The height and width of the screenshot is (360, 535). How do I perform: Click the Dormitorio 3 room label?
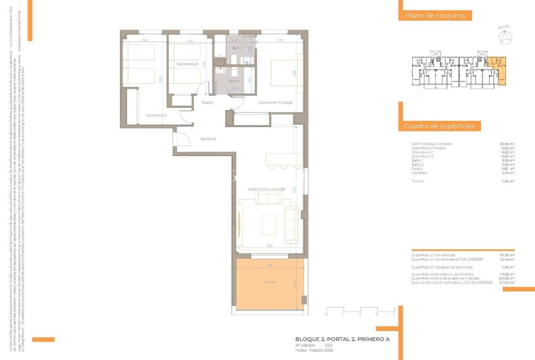[x=188, y=64]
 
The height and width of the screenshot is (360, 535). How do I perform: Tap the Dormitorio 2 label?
[x=157, y=115]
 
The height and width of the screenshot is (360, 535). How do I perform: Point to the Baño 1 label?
[x=237, y=48]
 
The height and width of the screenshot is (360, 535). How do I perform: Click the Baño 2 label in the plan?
[x=234, y=81]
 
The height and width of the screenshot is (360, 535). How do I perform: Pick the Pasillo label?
[x=207, y=102]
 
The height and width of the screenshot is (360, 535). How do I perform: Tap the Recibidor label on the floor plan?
[x=208, y=138]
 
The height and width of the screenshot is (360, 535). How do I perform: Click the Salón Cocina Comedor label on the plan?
[x=266, y=189]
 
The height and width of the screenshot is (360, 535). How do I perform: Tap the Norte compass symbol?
[x=504, y=38]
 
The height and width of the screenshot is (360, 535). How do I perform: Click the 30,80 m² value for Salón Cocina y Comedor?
[x=507, y=143]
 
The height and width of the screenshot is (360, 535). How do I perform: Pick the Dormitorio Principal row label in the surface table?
[x=429, y=148]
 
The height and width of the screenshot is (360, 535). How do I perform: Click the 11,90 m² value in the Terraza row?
[x=508, y=181]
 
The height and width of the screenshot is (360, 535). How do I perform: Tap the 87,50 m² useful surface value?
[x=507, y=255]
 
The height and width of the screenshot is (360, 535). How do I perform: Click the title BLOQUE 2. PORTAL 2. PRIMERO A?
[x=342, y=339]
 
